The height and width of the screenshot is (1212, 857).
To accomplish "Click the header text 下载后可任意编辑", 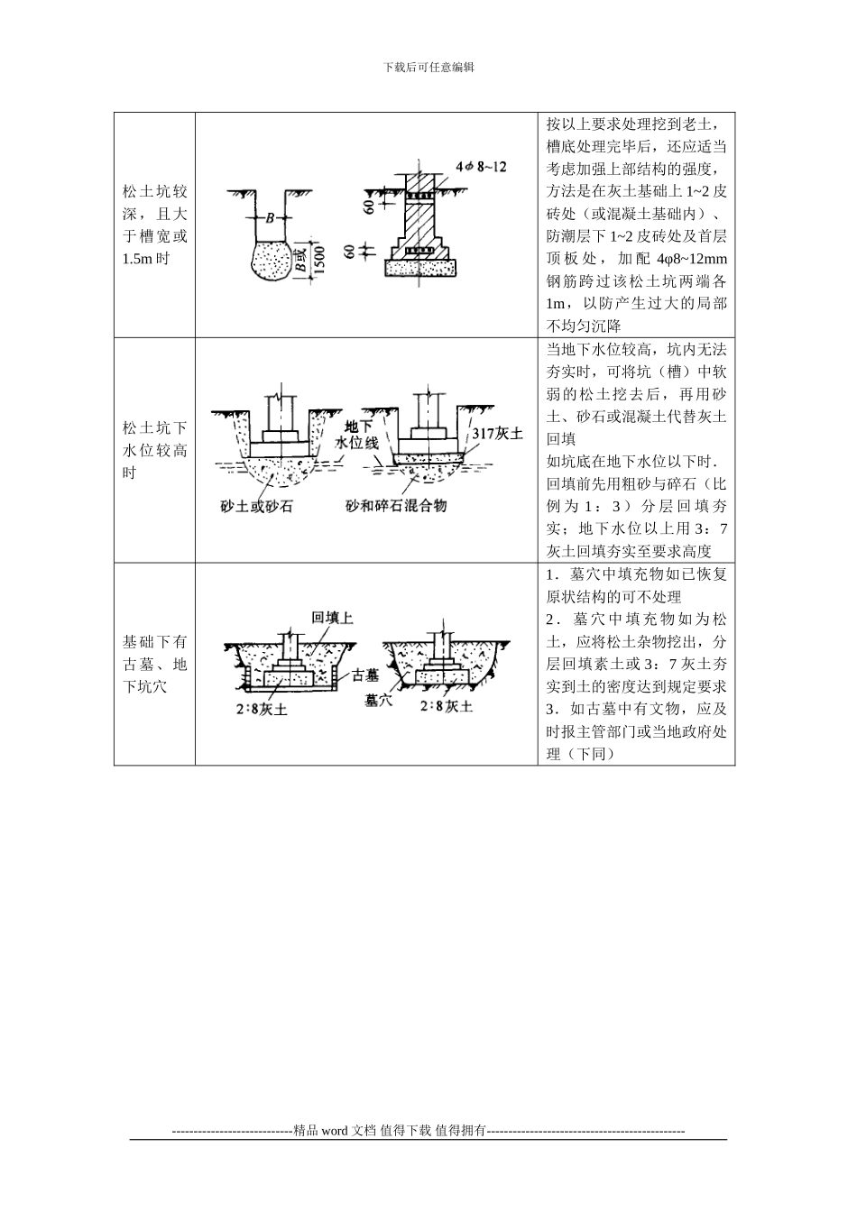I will [428, 67].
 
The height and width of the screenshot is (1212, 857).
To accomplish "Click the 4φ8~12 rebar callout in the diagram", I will [482, 167].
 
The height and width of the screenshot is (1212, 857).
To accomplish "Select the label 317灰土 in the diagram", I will [498, 434].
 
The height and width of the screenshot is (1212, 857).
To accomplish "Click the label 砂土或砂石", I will [256, 506].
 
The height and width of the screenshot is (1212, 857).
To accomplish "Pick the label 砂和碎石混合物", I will [396, 506].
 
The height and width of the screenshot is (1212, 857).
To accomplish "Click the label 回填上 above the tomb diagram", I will [330, 617].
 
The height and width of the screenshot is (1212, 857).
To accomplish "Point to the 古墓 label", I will [365, 675].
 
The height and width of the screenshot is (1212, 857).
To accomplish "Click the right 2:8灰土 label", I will [446, 706].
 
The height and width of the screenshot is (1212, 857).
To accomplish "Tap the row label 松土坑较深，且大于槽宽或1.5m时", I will [154, 225].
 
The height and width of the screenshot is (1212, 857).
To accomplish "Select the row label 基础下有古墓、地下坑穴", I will [154, 665].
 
